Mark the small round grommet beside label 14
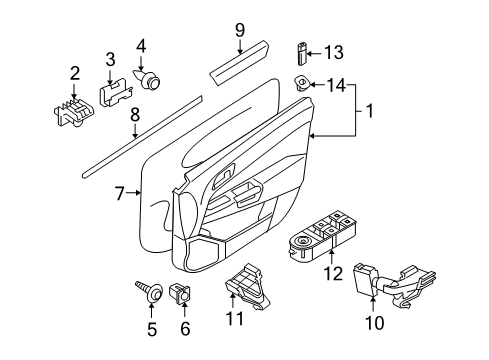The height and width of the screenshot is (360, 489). (301, 84)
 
